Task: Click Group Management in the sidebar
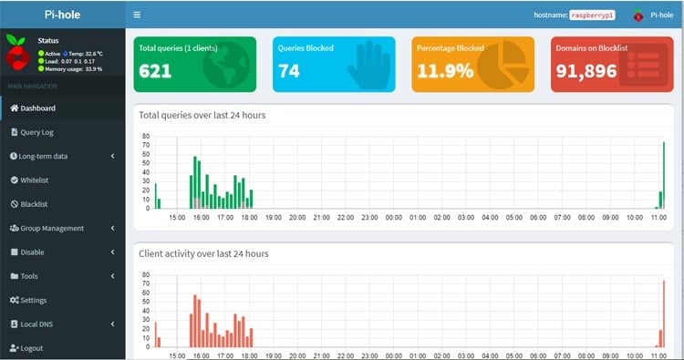[x=51, y=228]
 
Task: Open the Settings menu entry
[x=34, y=300]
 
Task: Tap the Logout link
[x=31, y=348]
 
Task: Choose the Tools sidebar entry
[x=29, y=276]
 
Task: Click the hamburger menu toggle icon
[x=137, y=15]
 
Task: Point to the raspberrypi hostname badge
[x=594, y=15]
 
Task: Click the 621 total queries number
[x=156, y=71]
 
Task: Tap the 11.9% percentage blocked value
[x=444, y=71]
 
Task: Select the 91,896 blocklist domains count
[x=587, y=71]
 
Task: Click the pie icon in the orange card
[x=498, y=65]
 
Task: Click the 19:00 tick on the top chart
[x=273, y=218]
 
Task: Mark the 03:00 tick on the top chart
[x=466, y=218]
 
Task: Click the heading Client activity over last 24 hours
[x=203, y=252]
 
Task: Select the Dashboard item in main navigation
[x=37, y=108]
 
